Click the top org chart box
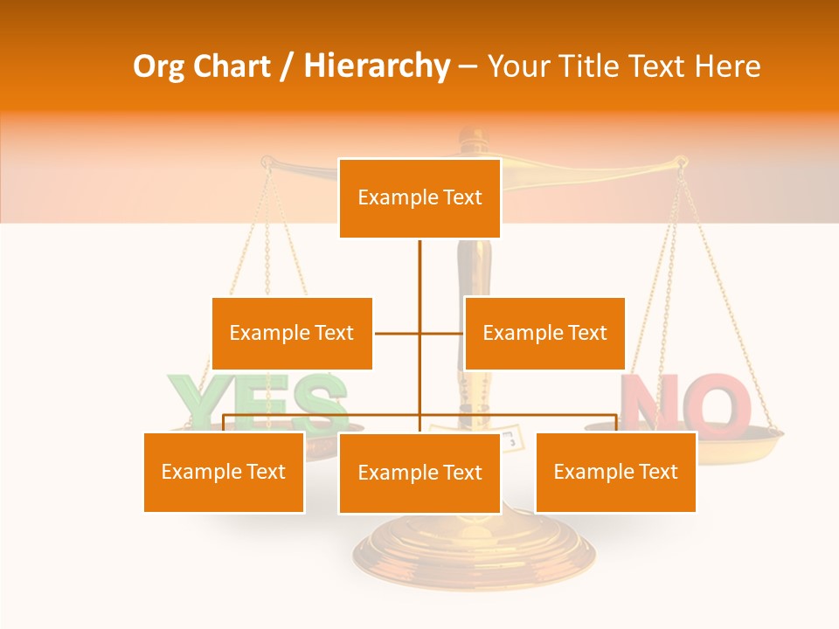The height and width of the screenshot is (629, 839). pos(419,198)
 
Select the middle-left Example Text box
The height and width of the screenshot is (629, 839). pos(292,333)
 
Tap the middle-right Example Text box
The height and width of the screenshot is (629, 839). pos(544,333)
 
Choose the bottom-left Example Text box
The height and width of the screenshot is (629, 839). pos(224,472)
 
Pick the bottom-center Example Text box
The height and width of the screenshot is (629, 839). pos(419,473)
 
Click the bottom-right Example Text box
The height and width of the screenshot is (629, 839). pos(615,472)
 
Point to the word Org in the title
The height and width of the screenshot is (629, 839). pos(158,66)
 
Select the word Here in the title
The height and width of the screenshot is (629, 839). pos(727,66)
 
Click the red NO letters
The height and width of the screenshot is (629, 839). pos(686,404)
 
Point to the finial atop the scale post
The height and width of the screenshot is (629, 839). pos(473,136)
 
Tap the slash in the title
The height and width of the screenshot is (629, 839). pos(287,66)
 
